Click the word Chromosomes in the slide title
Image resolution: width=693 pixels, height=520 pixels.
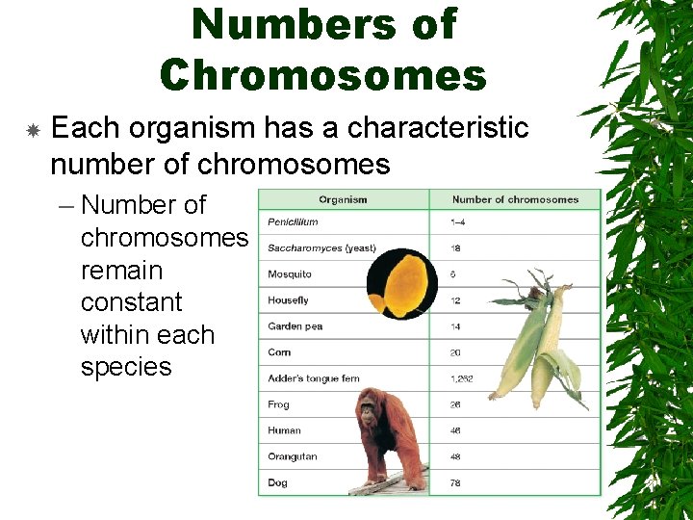(323, 74)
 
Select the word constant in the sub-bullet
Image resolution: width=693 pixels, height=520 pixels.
(131, 302)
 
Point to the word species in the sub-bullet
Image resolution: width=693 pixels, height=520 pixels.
(126, 367)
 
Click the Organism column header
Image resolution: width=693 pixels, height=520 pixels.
(343, 199)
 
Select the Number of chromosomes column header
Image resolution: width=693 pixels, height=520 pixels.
(515, 199)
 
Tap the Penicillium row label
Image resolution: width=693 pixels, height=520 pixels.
(293, 222)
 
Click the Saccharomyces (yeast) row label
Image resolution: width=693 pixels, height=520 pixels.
(321, 248)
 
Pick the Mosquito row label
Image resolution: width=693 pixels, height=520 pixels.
(290, 274)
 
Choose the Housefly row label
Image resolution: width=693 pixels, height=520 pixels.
(289, 300)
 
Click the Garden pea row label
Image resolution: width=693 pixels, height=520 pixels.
(295, 326)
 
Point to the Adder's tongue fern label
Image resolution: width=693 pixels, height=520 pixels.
(314, 378)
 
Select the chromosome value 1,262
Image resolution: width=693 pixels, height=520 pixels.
(462, 378)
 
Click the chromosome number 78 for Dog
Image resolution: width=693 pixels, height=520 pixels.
(456, 482)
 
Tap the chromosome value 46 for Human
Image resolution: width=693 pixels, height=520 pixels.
(456, 430)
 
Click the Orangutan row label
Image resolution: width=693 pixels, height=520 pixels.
(293, 456)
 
